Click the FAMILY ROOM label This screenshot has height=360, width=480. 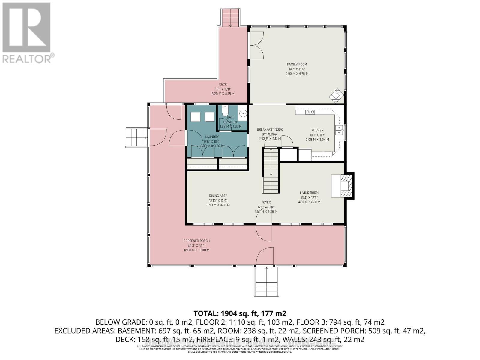[297, 64]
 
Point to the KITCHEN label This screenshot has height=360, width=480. [317, 130]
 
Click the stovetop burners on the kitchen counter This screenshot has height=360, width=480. [310, 112]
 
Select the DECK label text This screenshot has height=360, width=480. [223, 85]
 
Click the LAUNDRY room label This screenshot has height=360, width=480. [212, 137]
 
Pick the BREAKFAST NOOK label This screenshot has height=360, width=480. [270, 130]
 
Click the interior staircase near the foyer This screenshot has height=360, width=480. [271, 171]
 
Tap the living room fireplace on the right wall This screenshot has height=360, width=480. [343, 186]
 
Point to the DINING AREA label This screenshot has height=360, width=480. [218, 196]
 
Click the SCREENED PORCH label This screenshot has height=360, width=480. [196, 241]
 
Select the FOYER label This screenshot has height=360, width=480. [266, 202]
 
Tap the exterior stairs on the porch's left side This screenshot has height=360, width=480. [136, 137]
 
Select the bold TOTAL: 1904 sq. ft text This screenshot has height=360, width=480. [240, 313]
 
